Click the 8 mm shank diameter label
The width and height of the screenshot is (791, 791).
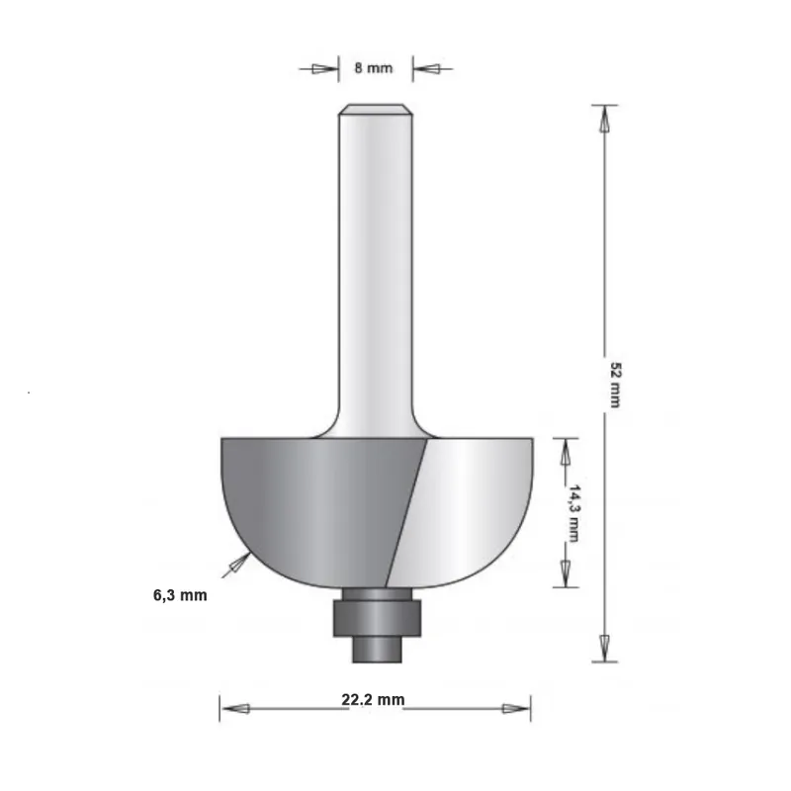tap(374, 68)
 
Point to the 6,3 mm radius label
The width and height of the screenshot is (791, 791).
tap(179, 595)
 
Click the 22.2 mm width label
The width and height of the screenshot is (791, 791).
tap(373, 700)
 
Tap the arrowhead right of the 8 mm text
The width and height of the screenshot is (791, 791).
tap(426, 69)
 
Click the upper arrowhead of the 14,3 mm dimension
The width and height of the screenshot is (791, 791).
tap(566, 452)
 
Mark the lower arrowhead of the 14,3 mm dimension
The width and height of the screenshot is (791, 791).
tap(566, 571)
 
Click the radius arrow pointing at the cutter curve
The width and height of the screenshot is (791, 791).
tap(237, 564)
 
